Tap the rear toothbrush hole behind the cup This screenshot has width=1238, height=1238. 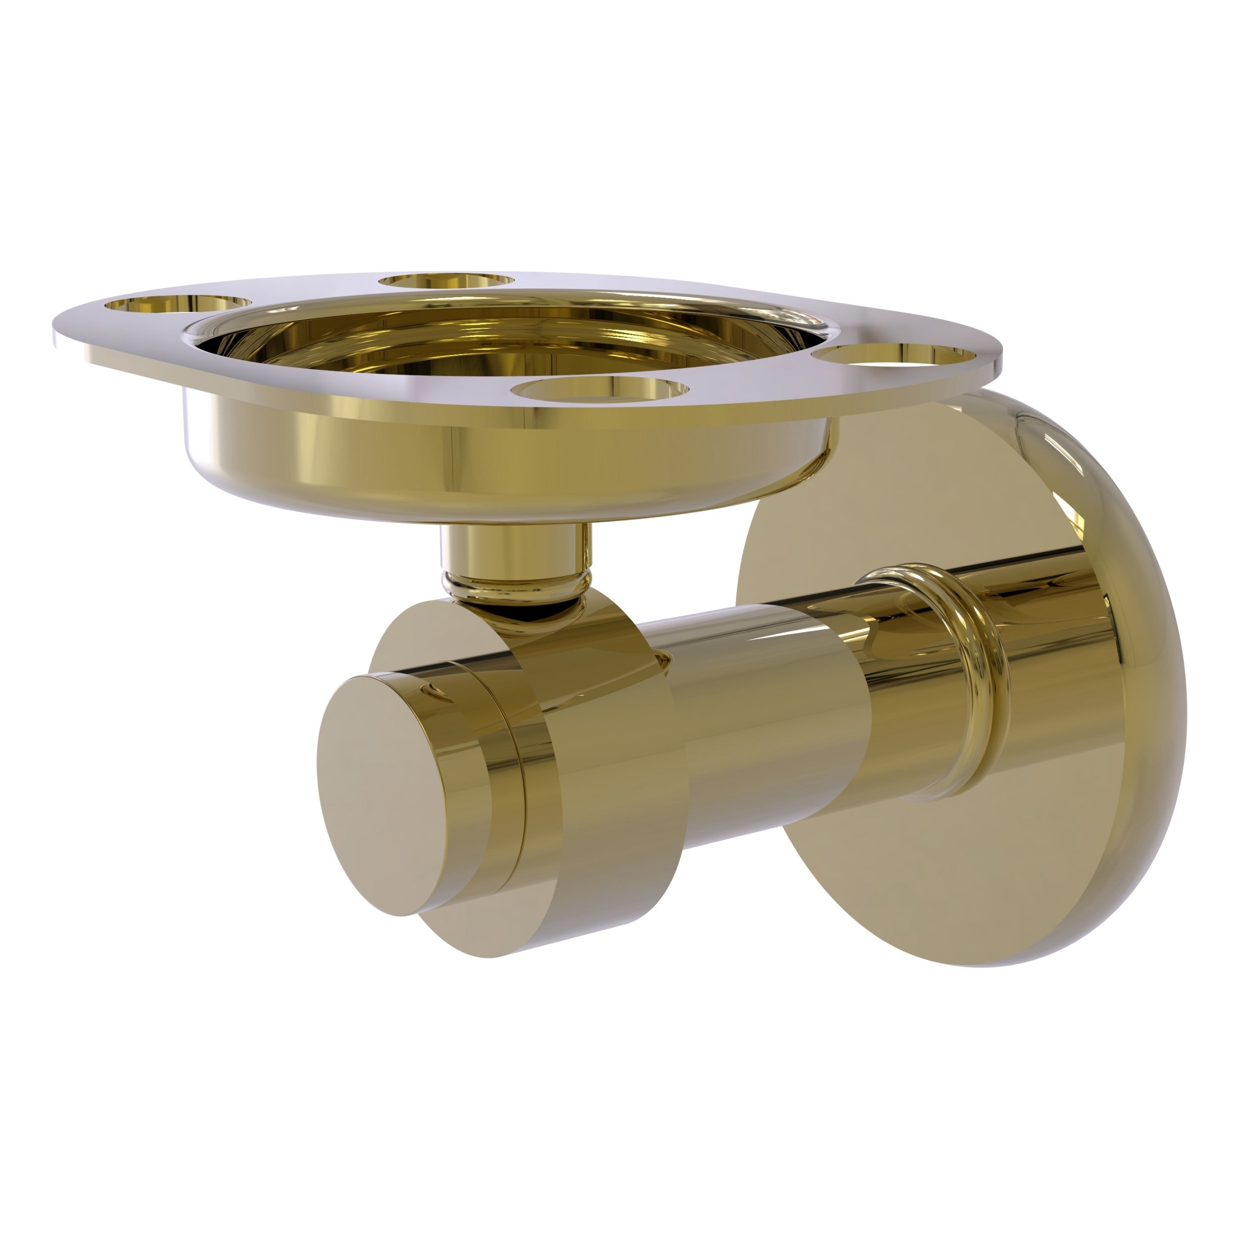pos(447,281)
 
